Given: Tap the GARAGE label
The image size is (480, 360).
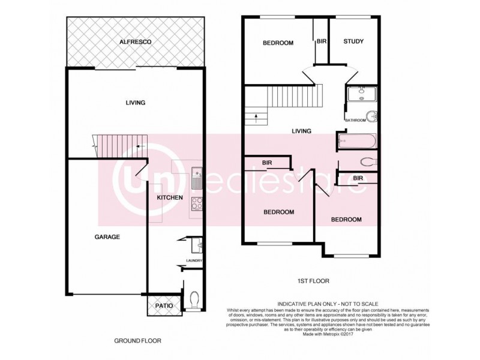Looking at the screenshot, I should click(107, 237).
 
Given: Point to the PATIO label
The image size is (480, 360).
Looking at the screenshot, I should click(164, 306).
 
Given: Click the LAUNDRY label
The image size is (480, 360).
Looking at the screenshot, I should click(194, 260).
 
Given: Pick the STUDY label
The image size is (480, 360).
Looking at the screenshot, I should click(353, 42).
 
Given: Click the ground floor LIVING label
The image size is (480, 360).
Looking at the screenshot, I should click(135, 103).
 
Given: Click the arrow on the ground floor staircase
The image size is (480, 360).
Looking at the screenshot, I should click(139, 146).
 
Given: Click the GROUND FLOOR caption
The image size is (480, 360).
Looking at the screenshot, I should click(138, 341).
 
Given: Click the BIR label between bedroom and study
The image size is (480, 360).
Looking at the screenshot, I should click(321, 41).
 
